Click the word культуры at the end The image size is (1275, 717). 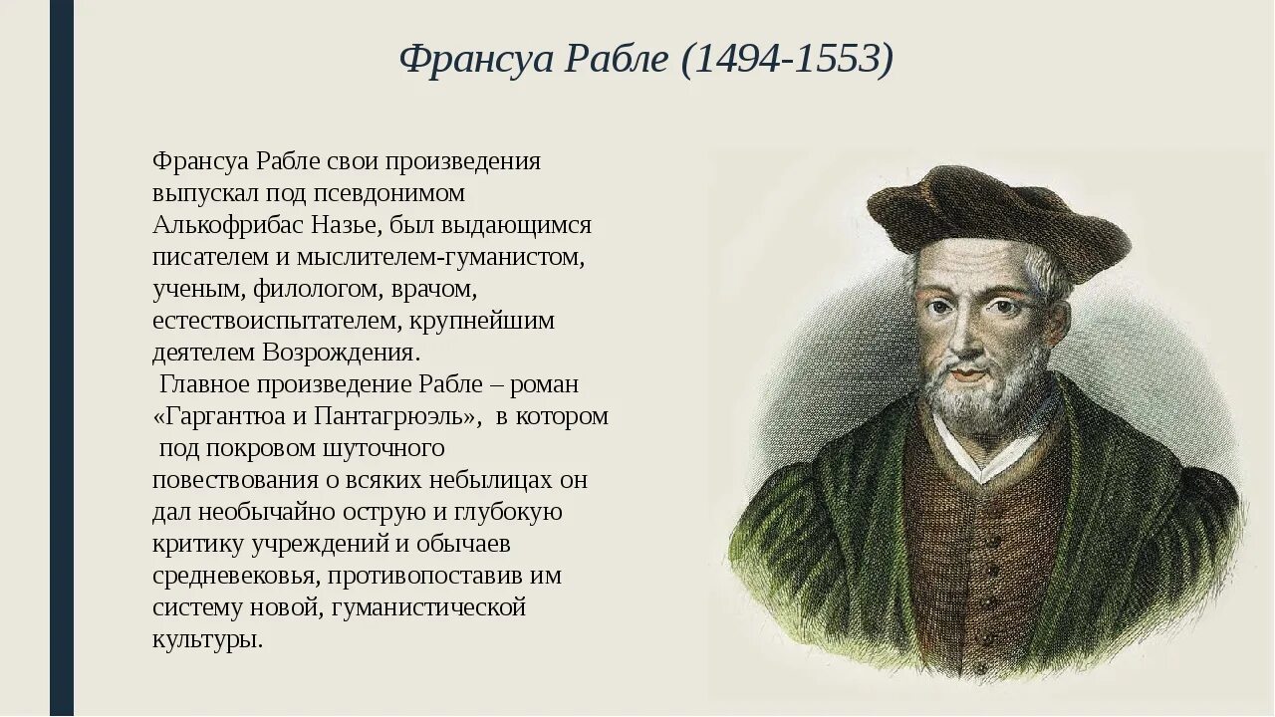[208, 639]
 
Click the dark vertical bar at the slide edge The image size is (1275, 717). [62, 358]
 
